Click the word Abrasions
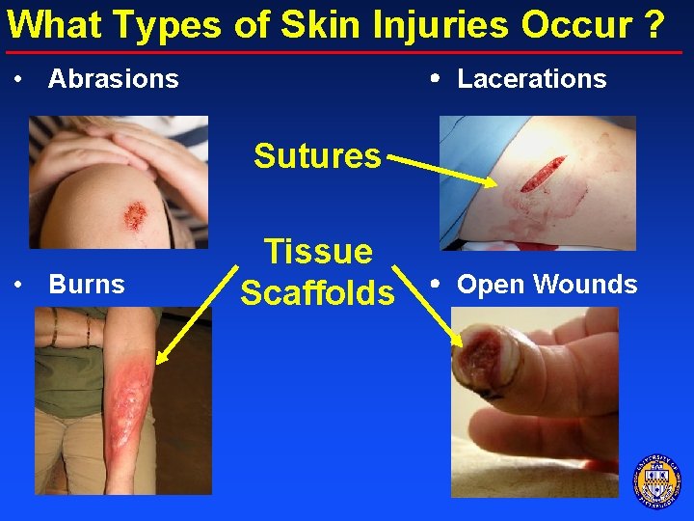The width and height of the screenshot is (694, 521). click(113, 79)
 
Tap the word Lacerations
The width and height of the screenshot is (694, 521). click(531, 79)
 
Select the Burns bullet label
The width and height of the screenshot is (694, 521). click(86, 285)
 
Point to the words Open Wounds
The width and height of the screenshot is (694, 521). click(547, 285)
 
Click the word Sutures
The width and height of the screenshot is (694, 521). click(317, 155)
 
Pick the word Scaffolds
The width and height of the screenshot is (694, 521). click(317, 292)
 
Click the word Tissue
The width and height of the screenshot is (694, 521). click(318, 251)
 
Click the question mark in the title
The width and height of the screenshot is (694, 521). click(654, 24)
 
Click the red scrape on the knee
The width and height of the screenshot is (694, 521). click(135, 214)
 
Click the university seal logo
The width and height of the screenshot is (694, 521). click(656, 480)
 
